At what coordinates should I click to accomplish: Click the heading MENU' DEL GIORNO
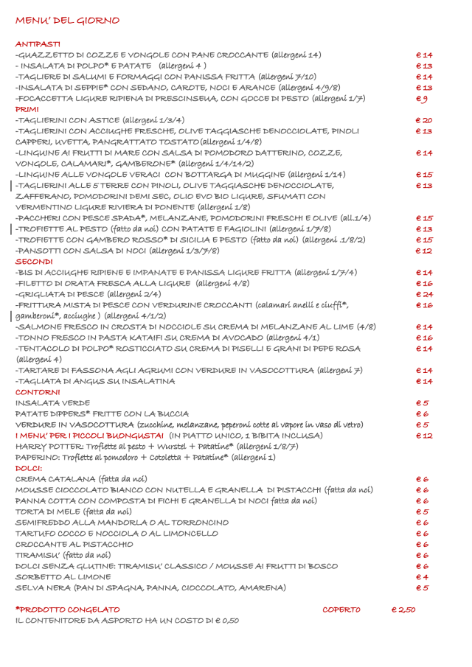point(67,21)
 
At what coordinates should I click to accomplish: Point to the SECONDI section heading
point(34,262)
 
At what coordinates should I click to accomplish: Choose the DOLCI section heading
point(29,468)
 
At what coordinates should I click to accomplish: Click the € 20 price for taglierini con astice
point(423,120)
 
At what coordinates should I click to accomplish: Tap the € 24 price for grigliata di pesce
point(423,294)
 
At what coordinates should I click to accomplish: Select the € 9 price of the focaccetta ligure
point(422,99)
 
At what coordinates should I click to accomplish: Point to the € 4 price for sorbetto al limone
point(422,577)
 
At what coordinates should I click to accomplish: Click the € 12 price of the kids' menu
point(423,436)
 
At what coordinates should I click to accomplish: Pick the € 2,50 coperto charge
point(403,610)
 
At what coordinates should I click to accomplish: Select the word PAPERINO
point(37,458)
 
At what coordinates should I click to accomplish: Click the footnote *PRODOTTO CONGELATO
point(67,610)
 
